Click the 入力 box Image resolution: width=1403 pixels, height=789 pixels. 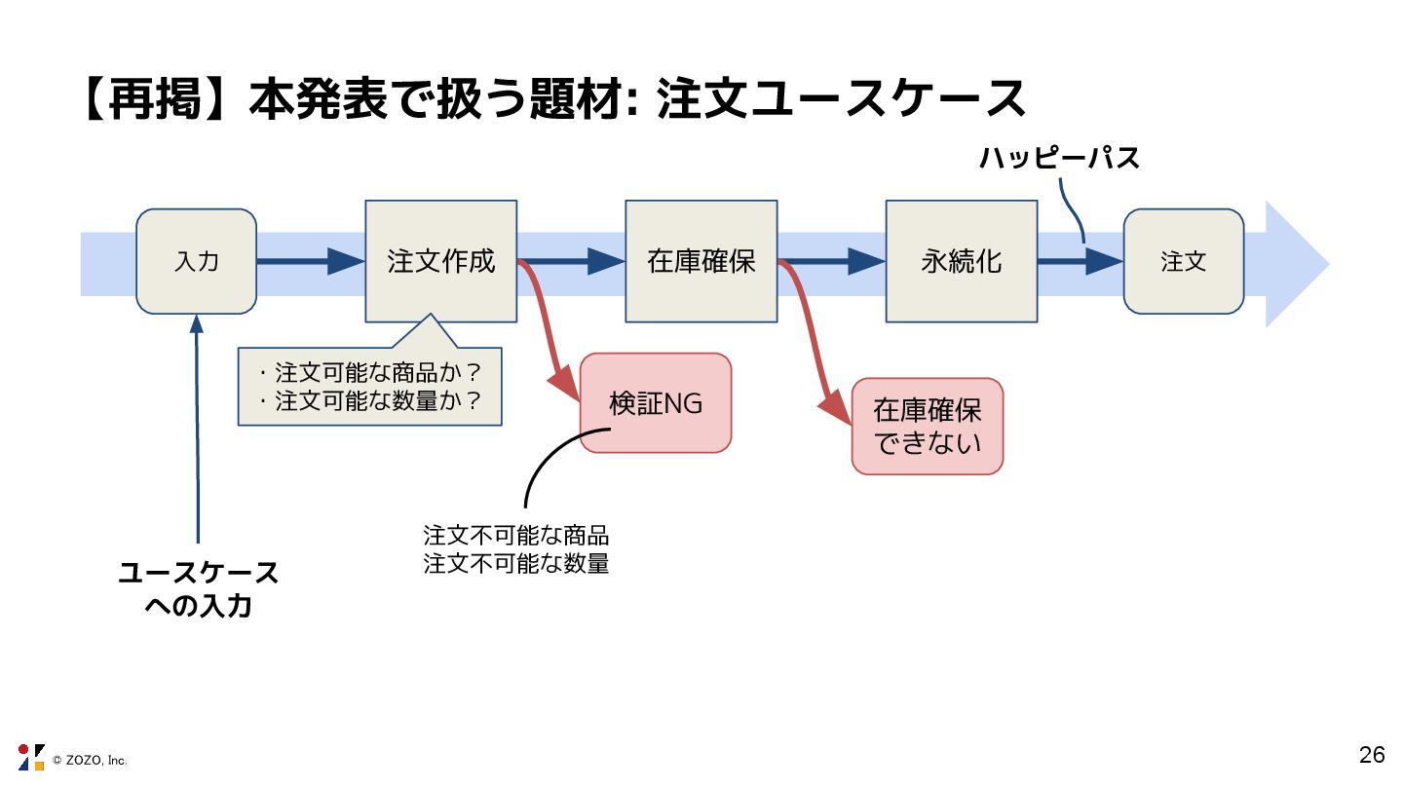(196, 261)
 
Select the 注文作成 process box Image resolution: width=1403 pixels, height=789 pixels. (440, 261)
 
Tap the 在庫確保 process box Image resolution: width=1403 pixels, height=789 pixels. (701, 261)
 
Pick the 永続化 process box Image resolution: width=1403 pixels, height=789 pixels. (961, 261)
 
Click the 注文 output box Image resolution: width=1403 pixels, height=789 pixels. (1183, 261)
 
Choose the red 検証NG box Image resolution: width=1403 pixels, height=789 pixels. (655, 402)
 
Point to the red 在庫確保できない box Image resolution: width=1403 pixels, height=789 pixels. (927, 426)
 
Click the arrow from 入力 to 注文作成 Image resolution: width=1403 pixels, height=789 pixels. (310, 261)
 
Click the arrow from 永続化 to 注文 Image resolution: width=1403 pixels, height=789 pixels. (1080, 261)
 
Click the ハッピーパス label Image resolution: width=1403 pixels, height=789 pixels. (1059, 158)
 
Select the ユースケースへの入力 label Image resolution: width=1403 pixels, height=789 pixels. (198, 589)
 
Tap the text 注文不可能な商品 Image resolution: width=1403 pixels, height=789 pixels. (515, 536)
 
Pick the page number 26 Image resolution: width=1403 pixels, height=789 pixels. (1372, 755)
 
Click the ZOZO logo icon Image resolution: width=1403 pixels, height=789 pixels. (31, 757)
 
